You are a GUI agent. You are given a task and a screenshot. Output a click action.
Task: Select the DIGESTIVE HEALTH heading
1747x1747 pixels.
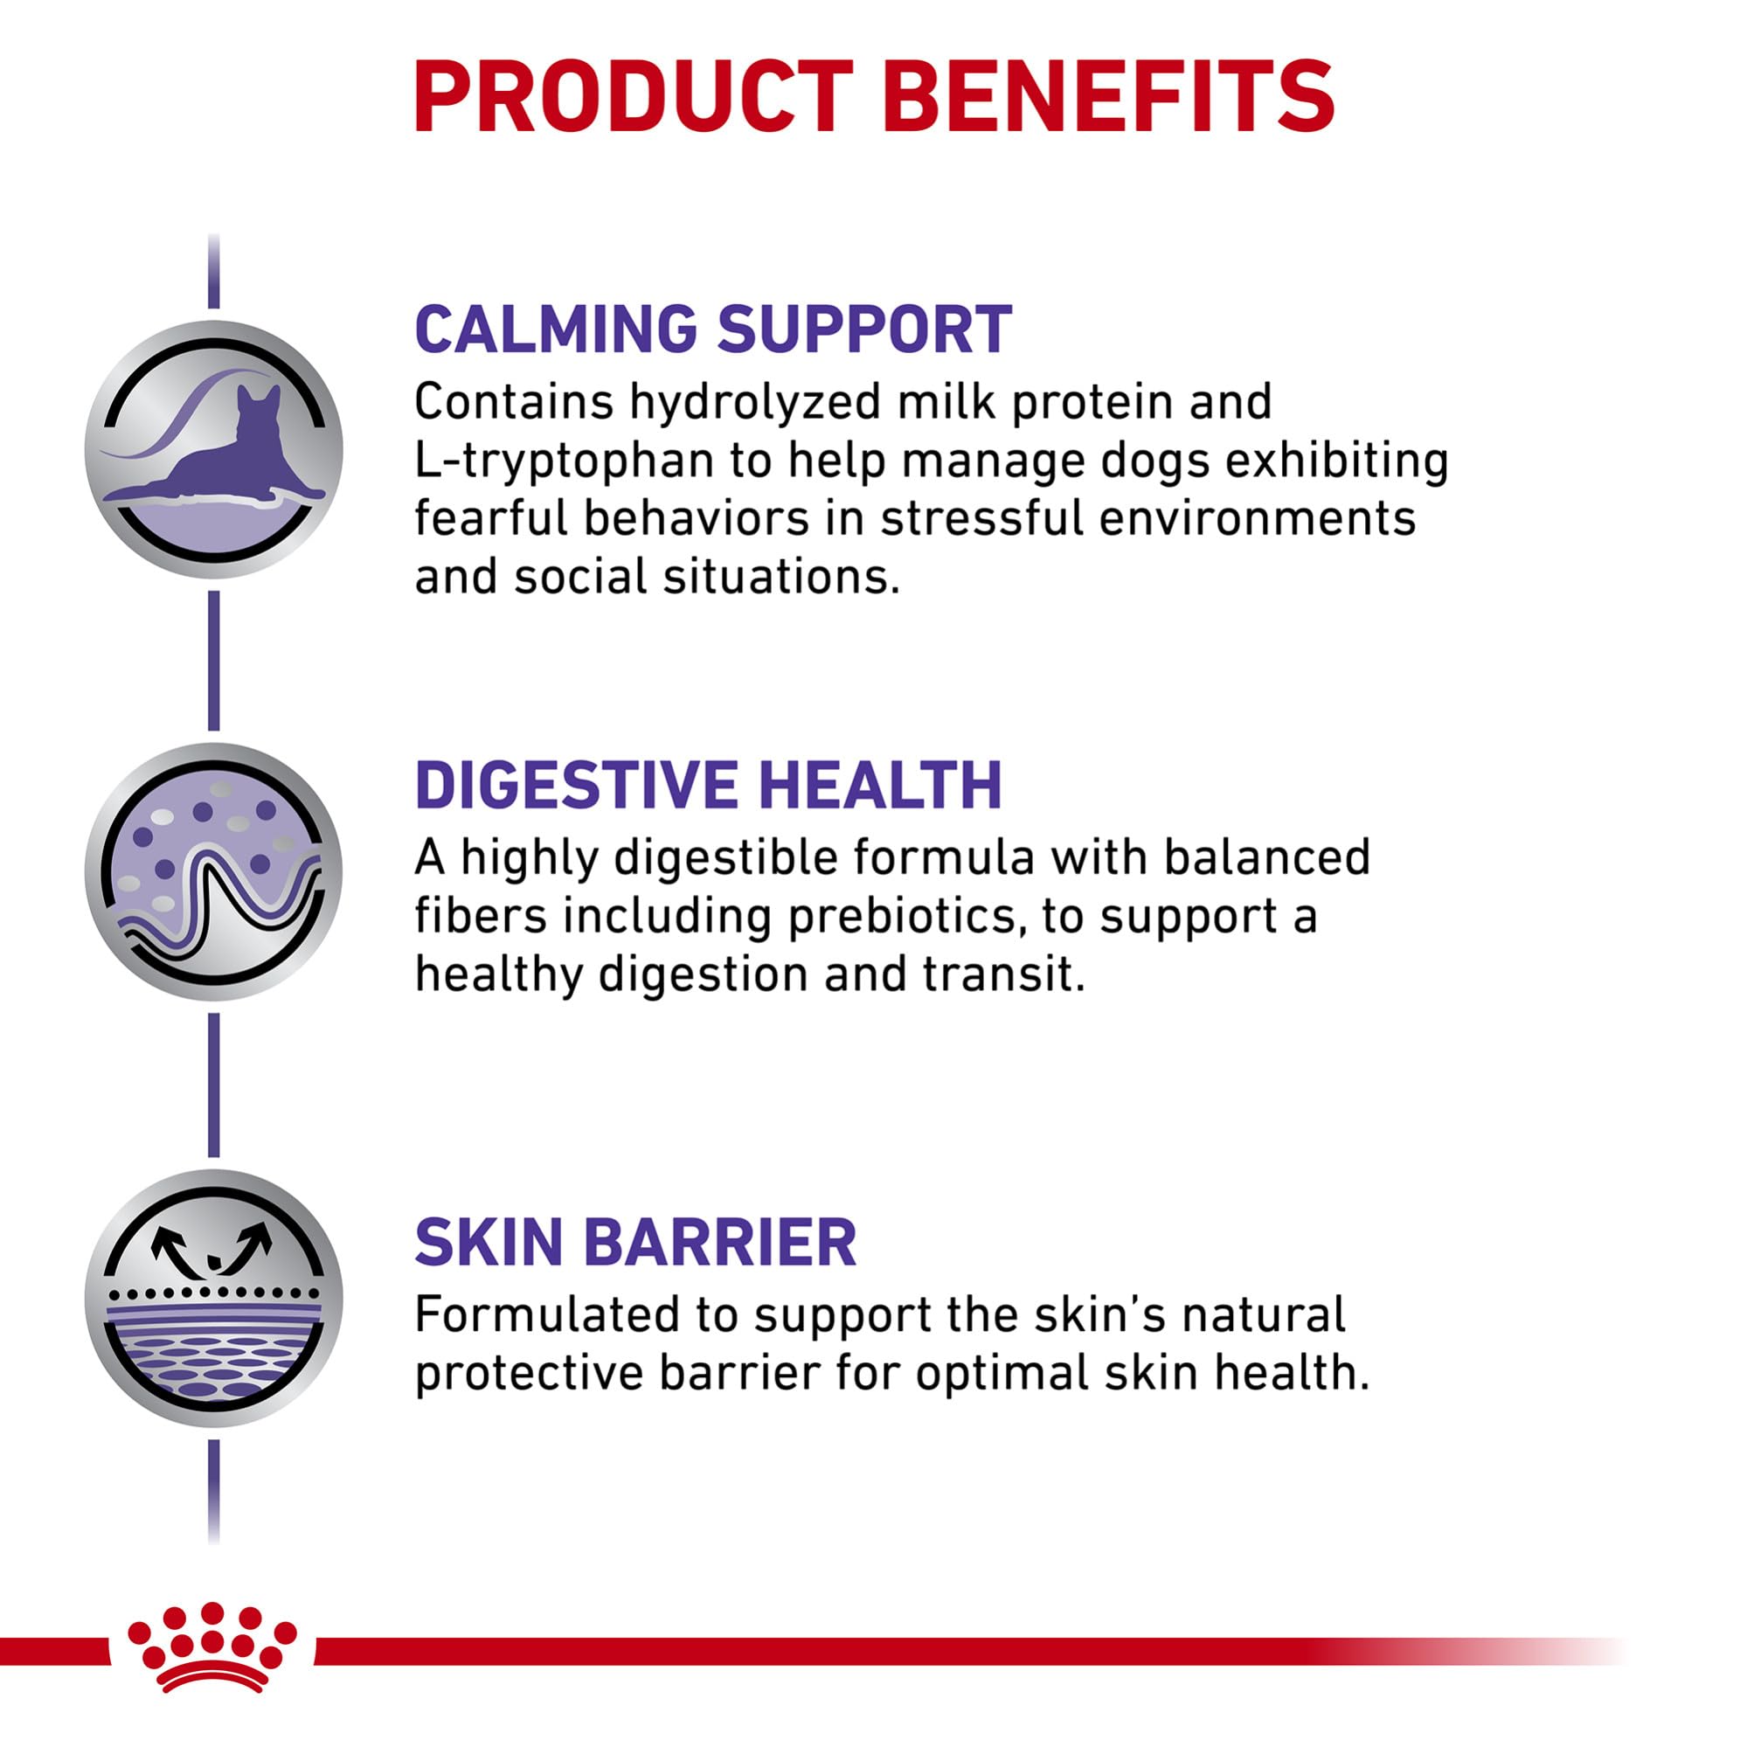[708, 785]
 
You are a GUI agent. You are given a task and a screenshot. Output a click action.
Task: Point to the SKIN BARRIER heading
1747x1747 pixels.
[634, 1243]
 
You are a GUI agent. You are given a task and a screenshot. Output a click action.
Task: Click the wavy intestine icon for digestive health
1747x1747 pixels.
[213, 872]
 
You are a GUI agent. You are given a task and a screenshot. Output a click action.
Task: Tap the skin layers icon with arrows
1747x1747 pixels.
[213, 1299]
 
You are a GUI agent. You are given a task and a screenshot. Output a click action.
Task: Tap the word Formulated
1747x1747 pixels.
[545, 1314]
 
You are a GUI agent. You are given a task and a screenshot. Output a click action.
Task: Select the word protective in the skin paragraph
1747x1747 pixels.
[528, 1374]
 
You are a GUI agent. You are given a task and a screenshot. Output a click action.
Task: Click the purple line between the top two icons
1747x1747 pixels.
[213, 660]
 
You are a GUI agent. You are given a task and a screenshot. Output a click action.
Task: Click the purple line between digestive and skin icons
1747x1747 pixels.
[213, 1085]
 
